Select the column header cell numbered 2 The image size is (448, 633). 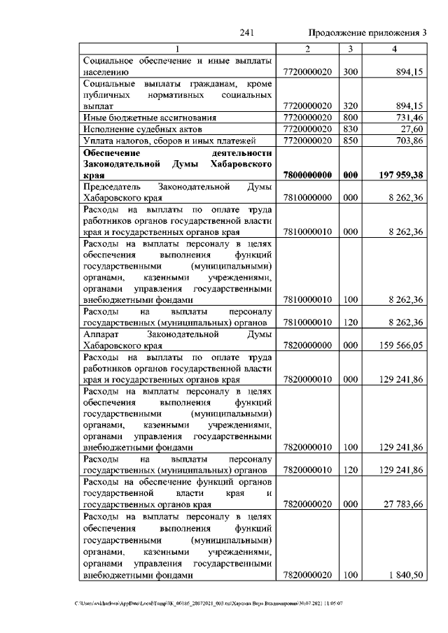[x=307, y=48]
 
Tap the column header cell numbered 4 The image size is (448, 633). [x=395, y=48]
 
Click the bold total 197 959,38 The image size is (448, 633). [x=399, y=176]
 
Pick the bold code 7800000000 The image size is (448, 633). [x=307, y=176]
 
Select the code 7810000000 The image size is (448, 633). [x=307, y=198]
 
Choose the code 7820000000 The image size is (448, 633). [x=307, y=345]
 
